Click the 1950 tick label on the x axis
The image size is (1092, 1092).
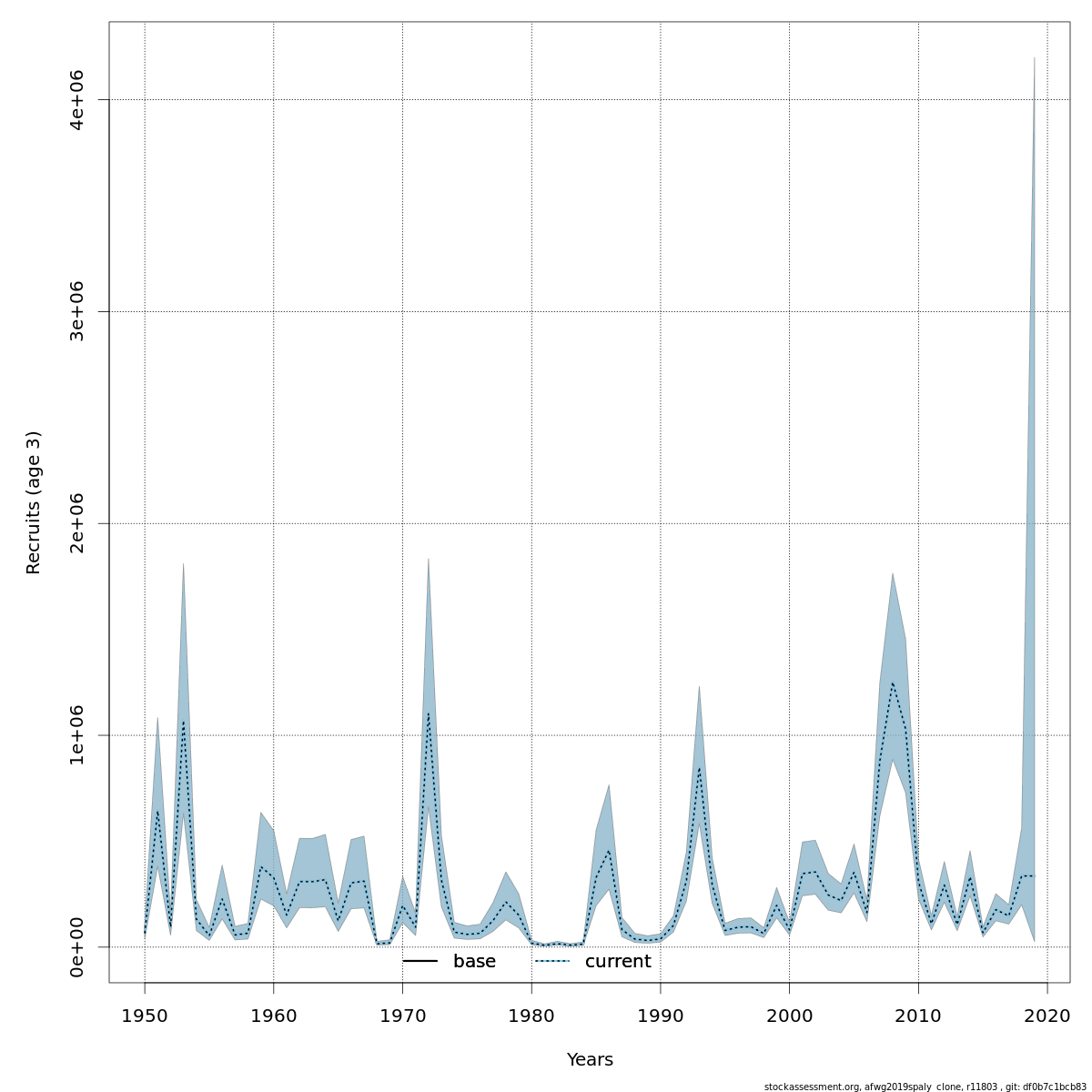(x=145, y=1016)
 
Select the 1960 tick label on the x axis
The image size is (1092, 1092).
(x=274, y=1016)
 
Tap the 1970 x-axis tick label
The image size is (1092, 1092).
(x=402, y=1016)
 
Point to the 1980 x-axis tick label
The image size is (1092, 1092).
(x=531, y=1016)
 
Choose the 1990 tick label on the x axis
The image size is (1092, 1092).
(x=661, y=1016)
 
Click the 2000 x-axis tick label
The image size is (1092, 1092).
(x=789, y=1016)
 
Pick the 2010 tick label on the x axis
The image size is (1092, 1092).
(x=918, y=1016)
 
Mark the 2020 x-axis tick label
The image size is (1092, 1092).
(x=1047, y=1016)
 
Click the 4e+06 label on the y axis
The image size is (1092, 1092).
(x=77, y=99)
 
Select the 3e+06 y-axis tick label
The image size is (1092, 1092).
(x=77, y=311)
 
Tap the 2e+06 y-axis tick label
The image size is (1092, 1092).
(x=77, y=523)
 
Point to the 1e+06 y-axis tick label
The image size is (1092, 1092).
(x=77, y=735)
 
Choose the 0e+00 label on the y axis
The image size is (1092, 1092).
(x=77, y=947)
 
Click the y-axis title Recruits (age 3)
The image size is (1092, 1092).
(x=34, y=502)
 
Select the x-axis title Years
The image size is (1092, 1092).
(x=590, y=1060)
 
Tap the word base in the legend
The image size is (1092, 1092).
(x=474, y=962)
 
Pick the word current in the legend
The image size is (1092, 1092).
(x=618, y=962)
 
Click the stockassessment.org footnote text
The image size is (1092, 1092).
(x=925, y=1087)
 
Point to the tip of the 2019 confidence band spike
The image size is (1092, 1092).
(x=1035, y=57)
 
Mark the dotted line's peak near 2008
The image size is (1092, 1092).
(x=893, y=682)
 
